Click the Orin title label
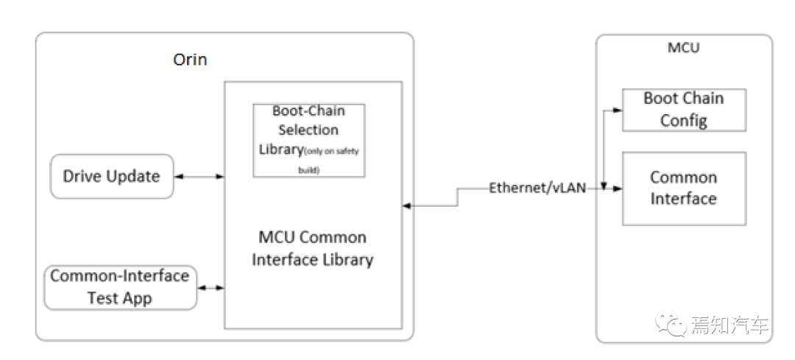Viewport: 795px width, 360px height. pos(190,60)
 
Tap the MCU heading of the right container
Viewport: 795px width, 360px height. pos(683,48)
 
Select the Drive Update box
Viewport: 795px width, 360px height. pos(112,177)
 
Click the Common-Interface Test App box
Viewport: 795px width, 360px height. pos(120,287)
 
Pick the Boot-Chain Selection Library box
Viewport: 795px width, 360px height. pos(308,141)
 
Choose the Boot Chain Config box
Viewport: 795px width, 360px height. pos(684,110)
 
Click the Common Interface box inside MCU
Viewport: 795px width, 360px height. pos(684,188)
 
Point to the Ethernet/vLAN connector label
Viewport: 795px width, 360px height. pos(537,188)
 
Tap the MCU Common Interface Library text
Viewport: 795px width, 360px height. pos(312,248)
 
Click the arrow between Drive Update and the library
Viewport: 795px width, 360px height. pos(199,177)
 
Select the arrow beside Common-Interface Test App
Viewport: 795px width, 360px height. pos(211,288)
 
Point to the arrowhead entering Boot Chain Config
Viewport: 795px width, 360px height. pos(618,110)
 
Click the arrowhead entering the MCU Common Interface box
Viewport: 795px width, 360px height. pos(618,188)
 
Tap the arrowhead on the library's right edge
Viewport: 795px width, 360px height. pos(407,205)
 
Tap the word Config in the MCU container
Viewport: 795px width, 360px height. pos(683,121)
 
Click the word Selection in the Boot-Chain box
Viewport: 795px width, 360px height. pos(308,130)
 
